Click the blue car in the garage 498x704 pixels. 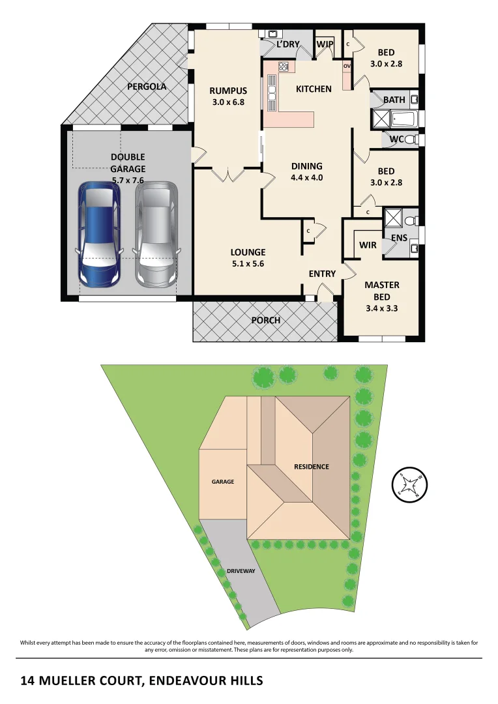[x=99, y=235]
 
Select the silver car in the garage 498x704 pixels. [x=156, y=235]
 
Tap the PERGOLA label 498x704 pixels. [x=147, y=86]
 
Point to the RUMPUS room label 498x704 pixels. [x=227, y=91]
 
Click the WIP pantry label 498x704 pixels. [x=325, y=44]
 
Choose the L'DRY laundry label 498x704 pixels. [x=287, y=44]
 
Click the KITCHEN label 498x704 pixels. [x=314, y=89]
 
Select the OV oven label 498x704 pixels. [x=347, y=66]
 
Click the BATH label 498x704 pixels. [x=394, y=100]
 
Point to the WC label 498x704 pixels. [x=396, y=139]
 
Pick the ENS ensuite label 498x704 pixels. [x=399, y=238]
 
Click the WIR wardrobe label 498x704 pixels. [x=368, y=245]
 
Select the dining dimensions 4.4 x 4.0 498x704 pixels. [x=307, y=177]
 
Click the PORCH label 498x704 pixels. [x=265, y=320]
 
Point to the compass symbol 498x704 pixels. [x=409, y=484]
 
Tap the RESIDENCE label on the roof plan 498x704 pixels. [x=311, y=466]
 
